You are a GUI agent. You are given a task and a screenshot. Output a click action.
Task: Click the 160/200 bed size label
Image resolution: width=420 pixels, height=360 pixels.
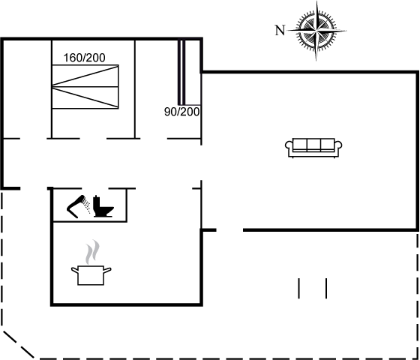click(84, 58)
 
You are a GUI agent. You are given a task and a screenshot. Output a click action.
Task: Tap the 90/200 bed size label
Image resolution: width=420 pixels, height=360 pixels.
click(181, 112)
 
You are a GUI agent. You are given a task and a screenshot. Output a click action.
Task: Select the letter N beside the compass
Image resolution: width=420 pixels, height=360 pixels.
click(280, 30)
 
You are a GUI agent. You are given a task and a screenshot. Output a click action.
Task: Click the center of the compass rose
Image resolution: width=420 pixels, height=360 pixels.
click(316, 31)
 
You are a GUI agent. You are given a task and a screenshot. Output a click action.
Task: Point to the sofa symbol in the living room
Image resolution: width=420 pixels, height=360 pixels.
click(313, 148)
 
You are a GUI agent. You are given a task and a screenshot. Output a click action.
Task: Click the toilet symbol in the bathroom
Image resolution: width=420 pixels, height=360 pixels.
click(103, 206)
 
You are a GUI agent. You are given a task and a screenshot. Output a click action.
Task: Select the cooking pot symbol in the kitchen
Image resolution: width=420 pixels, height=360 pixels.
click(91, 275)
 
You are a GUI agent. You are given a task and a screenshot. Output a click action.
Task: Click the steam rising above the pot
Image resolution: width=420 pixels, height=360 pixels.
click(92, 252)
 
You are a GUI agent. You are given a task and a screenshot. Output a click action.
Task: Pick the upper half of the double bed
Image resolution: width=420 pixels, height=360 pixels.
click(85, 76)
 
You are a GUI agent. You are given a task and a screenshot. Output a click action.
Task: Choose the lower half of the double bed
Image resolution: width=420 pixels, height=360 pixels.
click(85, 97)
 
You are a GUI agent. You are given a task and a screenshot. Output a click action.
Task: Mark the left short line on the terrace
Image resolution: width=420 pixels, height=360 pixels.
click(299, 288)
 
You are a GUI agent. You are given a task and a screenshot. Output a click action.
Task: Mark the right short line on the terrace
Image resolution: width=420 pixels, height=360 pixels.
click(326, 288)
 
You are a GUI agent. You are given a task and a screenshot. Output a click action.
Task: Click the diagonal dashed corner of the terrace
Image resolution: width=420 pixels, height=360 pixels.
click(19, 345)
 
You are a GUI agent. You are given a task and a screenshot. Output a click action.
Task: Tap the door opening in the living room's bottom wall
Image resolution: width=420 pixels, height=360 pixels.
click(229, 230)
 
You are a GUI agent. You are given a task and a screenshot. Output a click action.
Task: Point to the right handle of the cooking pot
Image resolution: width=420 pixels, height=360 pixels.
click(107, 270)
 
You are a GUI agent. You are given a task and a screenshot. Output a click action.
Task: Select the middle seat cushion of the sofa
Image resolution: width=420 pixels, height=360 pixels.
click(313, 144)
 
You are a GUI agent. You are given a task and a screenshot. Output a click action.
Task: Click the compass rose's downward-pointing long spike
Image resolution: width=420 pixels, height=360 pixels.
click(316, 47)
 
